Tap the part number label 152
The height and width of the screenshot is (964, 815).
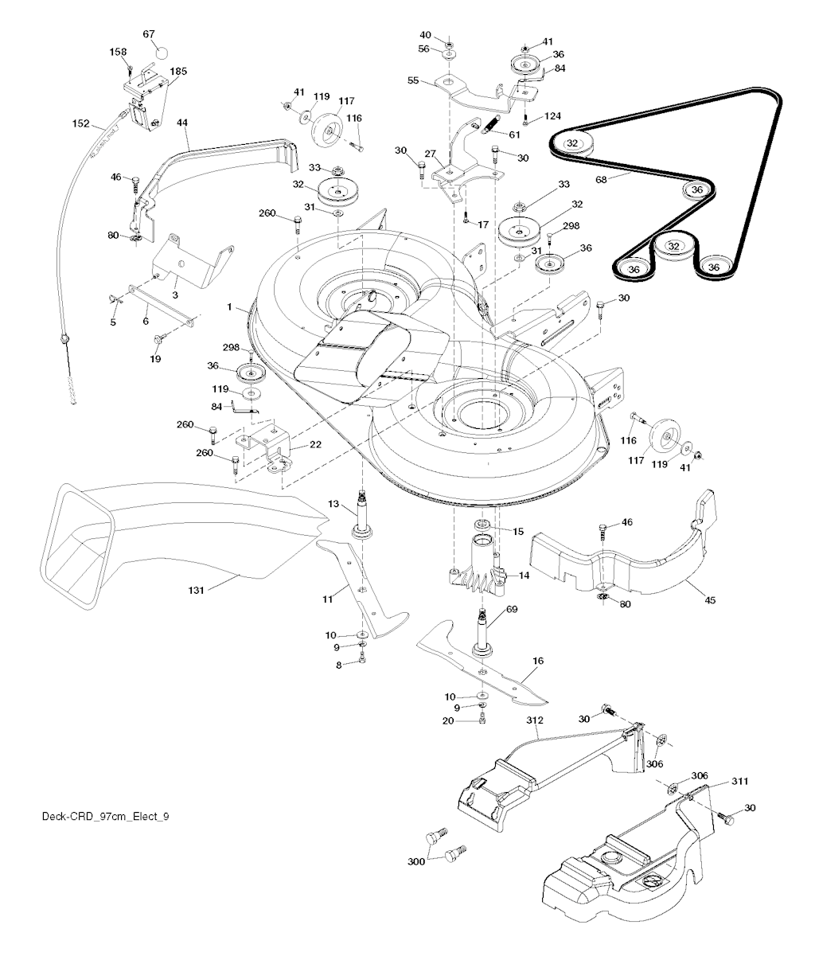point(80,123)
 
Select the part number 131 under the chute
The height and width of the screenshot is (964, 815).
point(197,590)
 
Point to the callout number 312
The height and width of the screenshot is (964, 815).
point(534,720)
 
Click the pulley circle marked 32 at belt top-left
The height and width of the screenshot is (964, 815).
point(572,142)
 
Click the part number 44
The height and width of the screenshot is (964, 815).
point(182,123)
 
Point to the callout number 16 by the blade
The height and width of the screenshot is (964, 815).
point(538,660)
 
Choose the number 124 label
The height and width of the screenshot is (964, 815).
point(552,117)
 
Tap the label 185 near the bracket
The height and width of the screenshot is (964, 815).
point(178,72)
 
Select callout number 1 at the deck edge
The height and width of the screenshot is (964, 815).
point(229,306)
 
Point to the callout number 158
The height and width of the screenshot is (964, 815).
point(118,52)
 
